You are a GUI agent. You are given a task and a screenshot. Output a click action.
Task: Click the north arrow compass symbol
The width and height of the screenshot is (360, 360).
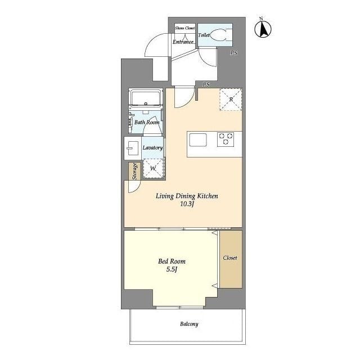(x=263, y=29)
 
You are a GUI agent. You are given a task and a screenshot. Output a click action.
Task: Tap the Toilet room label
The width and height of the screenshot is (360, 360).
(x=204, y=35)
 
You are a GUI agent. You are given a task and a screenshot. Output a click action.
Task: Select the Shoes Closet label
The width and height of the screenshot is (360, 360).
(x=185, y=28)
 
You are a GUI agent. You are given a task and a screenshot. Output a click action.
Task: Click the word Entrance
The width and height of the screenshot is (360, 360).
(x=183, y=42)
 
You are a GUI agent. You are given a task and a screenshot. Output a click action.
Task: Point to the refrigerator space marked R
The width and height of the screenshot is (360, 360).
(x=231, y=100)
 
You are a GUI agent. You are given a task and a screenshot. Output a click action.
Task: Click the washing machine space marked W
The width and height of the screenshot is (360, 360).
(x=154, y=169)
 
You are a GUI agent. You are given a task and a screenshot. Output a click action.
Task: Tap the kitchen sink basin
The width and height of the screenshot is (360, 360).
(x=198, y=140)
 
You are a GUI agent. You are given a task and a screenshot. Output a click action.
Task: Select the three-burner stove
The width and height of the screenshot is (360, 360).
(x=226, y=139)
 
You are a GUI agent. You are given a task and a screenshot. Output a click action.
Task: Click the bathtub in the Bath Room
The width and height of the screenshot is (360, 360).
(x=146, y=98)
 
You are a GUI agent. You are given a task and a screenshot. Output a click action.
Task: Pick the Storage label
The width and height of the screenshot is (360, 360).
(x=134, y=171)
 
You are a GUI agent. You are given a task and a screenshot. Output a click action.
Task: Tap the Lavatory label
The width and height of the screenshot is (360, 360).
(x=152, y=147)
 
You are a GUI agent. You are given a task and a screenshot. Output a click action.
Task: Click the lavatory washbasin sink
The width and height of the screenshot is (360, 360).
(x=133, y=148)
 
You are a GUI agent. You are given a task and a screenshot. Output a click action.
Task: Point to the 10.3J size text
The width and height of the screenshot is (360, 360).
(x=187, y=204)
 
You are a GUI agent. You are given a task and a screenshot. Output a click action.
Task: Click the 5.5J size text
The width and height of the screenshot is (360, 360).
(x=172, y=269)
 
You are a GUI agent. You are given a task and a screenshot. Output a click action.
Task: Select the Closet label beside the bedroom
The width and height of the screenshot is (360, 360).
(x=230, y=258)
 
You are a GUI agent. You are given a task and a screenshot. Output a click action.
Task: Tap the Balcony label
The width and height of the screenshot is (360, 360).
(x=189, y=324)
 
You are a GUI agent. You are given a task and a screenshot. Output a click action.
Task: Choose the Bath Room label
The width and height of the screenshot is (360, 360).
(x=147, y=122)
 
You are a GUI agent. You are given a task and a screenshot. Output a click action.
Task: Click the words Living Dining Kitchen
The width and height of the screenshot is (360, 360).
(x=187, y=196)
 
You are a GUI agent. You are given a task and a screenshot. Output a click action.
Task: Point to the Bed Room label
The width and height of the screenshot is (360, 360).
(x=172, y=261)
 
